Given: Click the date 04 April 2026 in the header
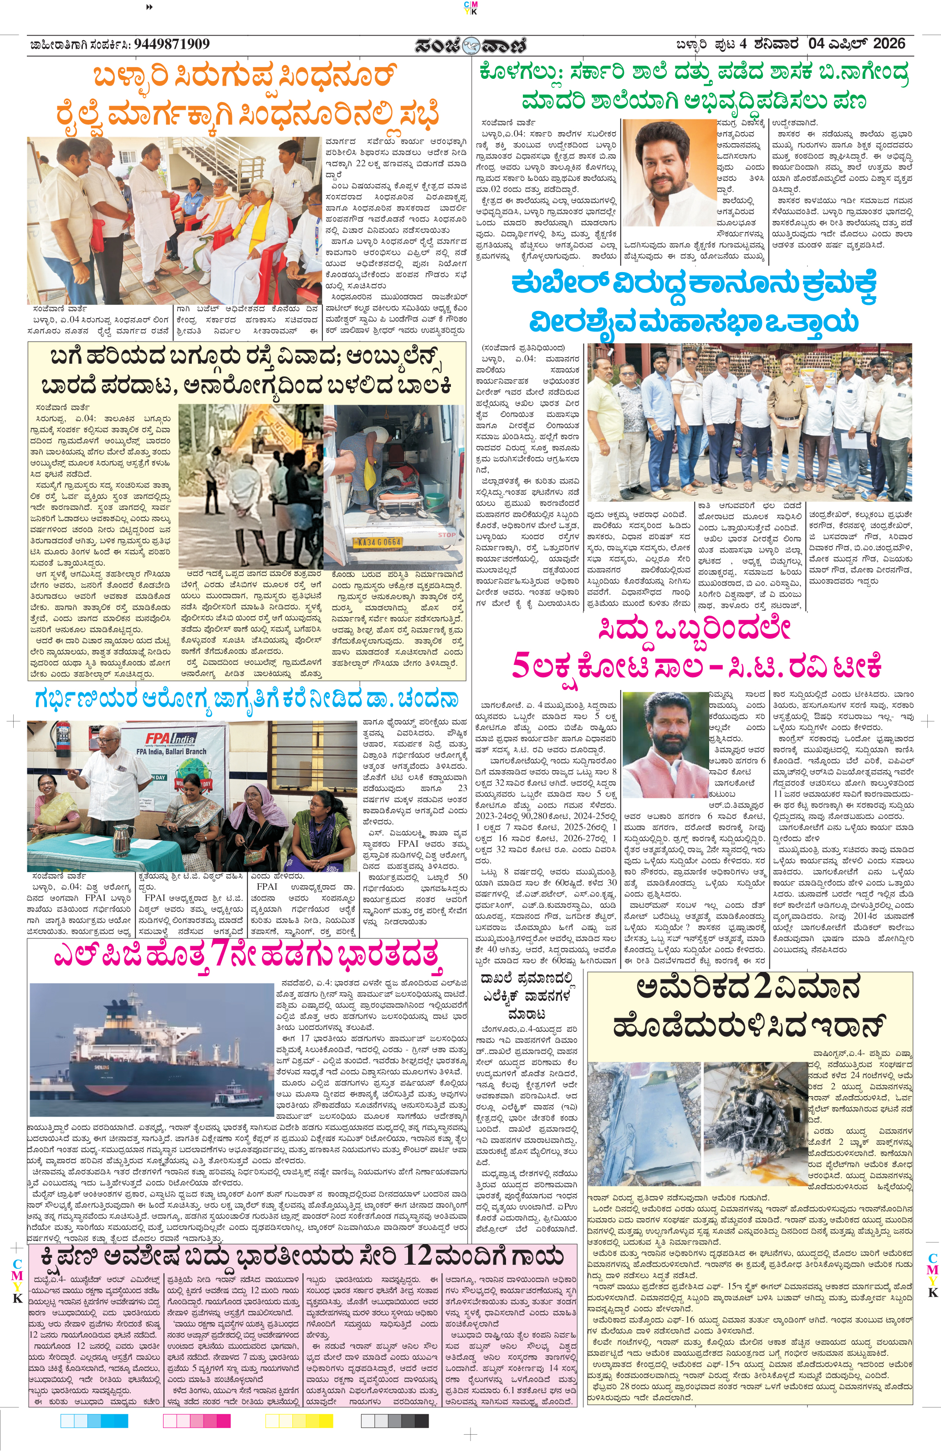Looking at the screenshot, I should click(857, 44).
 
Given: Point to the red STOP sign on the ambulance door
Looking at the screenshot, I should click(447, 535).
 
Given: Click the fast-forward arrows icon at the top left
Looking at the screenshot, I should click(150, 7).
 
